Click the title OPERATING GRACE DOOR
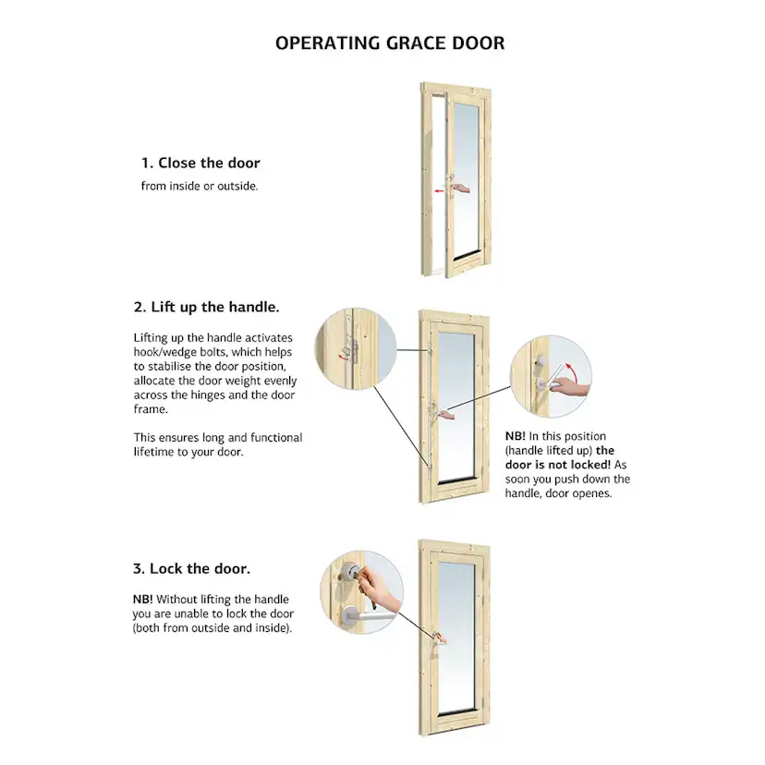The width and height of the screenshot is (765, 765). coord(390,43)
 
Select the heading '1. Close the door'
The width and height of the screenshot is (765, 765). coord(200,163)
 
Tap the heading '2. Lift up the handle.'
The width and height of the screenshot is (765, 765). coord(207,307)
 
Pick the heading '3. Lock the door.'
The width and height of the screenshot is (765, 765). coord(192,568)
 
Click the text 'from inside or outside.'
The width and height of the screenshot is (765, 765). coord(200,186)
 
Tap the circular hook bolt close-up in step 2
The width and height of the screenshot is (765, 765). coord(355,350)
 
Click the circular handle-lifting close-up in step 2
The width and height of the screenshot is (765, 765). coord(551,377)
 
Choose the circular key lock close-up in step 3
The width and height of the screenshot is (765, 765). coord(361,592)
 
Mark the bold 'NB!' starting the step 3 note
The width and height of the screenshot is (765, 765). coord(143,599)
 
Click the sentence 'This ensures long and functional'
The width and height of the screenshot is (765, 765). coord(217,438)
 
